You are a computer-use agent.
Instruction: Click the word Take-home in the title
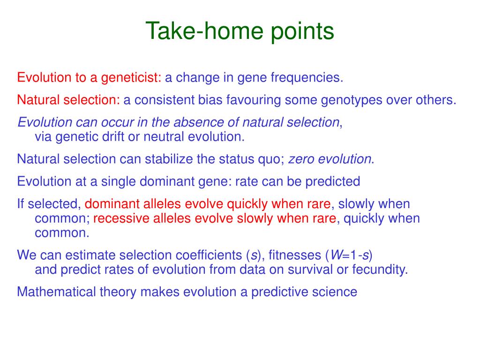204,31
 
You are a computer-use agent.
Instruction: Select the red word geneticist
131,78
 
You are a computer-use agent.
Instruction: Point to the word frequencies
307,78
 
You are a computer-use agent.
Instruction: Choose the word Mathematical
56,292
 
